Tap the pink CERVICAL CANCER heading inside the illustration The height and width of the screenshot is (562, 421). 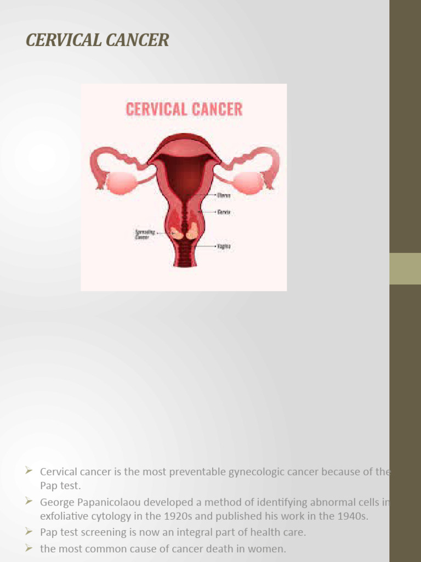[x=184, y=109]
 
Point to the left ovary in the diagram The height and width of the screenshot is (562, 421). [x=120, y=183]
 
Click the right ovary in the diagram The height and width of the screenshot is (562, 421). [x=248, y=183]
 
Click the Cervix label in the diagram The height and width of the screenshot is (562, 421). [x=224, y=212]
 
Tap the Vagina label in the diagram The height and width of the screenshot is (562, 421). [x=224, y=247]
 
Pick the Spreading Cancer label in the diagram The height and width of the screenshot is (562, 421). [x=145, y=234]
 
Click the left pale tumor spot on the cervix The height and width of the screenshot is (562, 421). [x=177, y=233]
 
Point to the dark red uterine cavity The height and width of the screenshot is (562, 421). [x=184, y=176]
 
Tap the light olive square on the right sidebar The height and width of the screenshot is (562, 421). [x=405, y=268]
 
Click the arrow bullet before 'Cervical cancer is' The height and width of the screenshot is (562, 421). [x=29, y=471]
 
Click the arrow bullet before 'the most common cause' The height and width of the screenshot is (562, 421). [x=29, y=548]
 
